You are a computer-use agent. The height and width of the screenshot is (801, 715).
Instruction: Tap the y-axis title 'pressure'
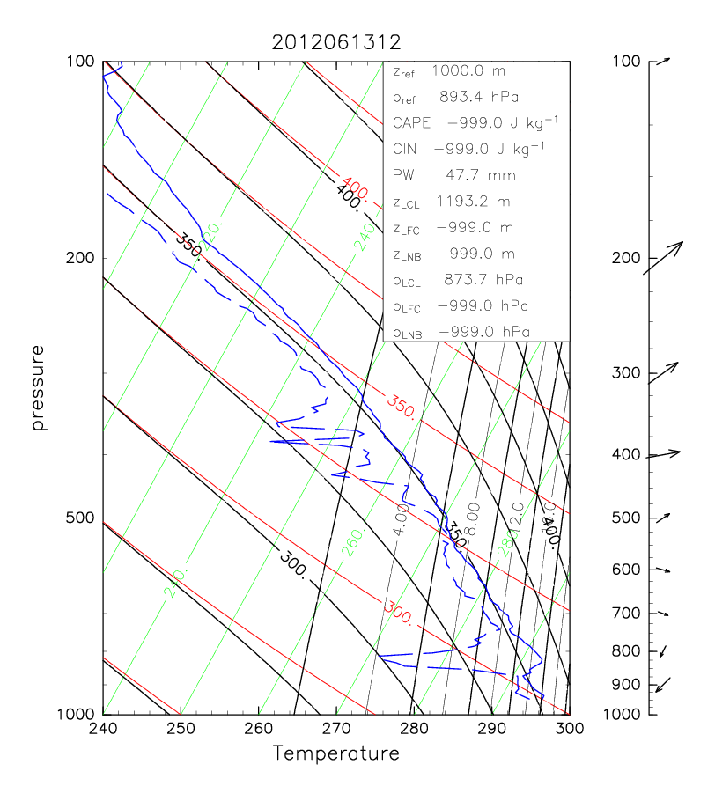tap(38, 387)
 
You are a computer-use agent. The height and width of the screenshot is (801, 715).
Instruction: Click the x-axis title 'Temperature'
tap(335, 753)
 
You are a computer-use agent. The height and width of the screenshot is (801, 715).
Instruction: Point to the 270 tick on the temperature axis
tap(336, 729)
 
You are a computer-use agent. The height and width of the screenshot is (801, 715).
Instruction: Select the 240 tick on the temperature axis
tap(103, 729)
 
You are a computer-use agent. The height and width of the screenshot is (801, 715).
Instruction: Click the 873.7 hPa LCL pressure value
tap(481, 281)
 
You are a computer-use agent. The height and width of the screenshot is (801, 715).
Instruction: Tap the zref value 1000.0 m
tap(476, 70)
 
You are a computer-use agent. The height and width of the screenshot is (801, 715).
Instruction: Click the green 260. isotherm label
tap(353, 547)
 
